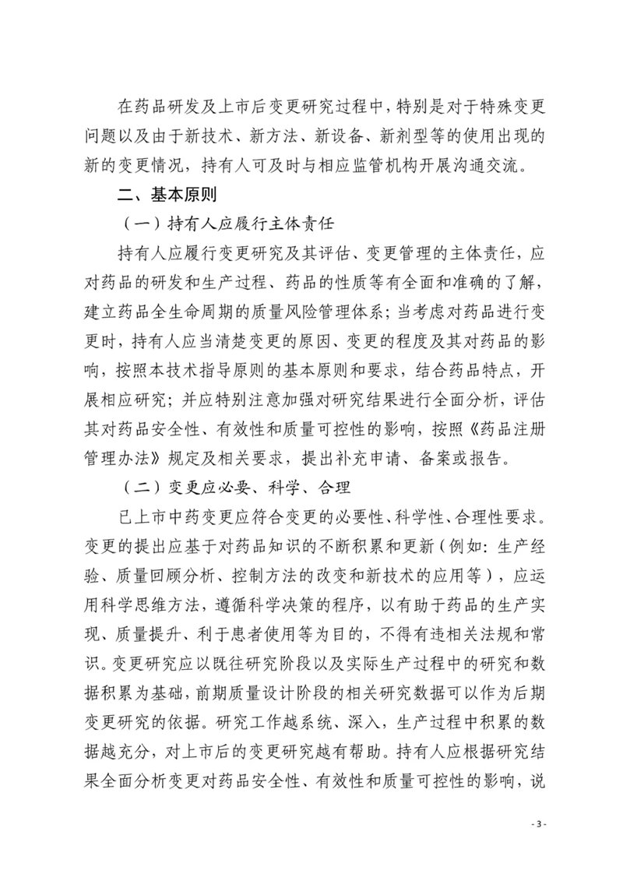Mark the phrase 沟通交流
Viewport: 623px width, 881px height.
coord(499,164)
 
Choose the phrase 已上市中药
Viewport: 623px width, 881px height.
coord(161,517)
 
